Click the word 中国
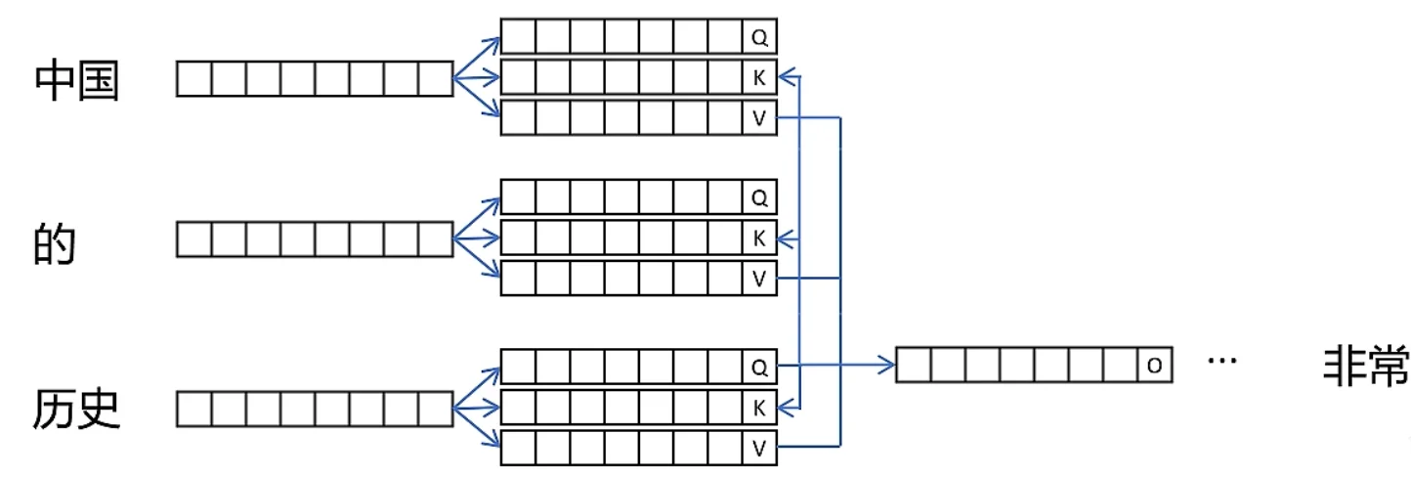coord(77,80)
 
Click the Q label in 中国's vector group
coord(759,37)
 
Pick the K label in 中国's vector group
coord(759,78)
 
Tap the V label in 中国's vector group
coord(759,118)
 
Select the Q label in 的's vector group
coord(759,197)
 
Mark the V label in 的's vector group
coord(759,279)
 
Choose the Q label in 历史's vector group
coord(759,367)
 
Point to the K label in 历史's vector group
coord(759,408)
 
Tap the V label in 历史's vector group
coord(759,448)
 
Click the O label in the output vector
coord(1155,367)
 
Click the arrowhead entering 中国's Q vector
coord(494,40)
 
